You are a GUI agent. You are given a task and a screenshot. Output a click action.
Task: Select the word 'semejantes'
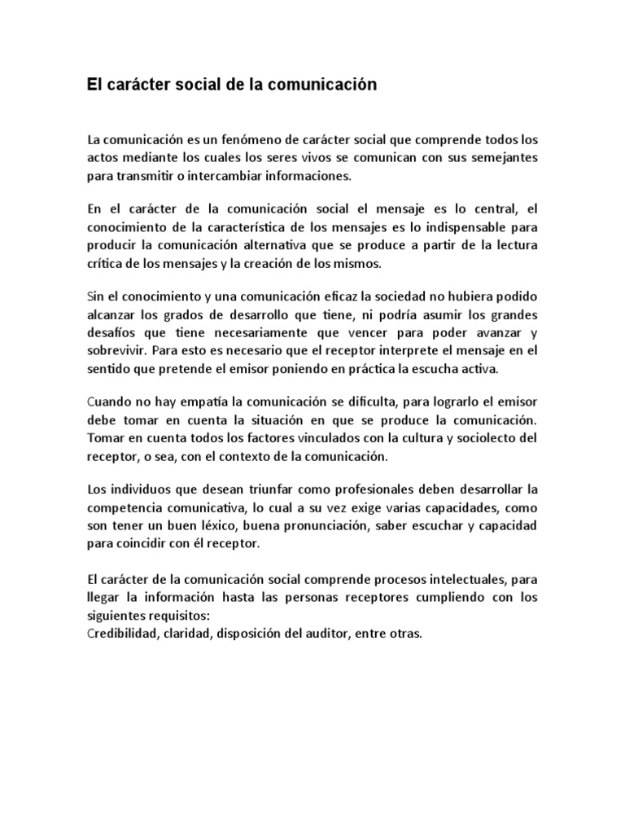tap(499, 157)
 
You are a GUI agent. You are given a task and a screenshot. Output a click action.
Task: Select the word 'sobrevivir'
tap(116, 350)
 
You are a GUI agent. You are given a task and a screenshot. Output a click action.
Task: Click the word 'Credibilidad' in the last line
tap(122, 633)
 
